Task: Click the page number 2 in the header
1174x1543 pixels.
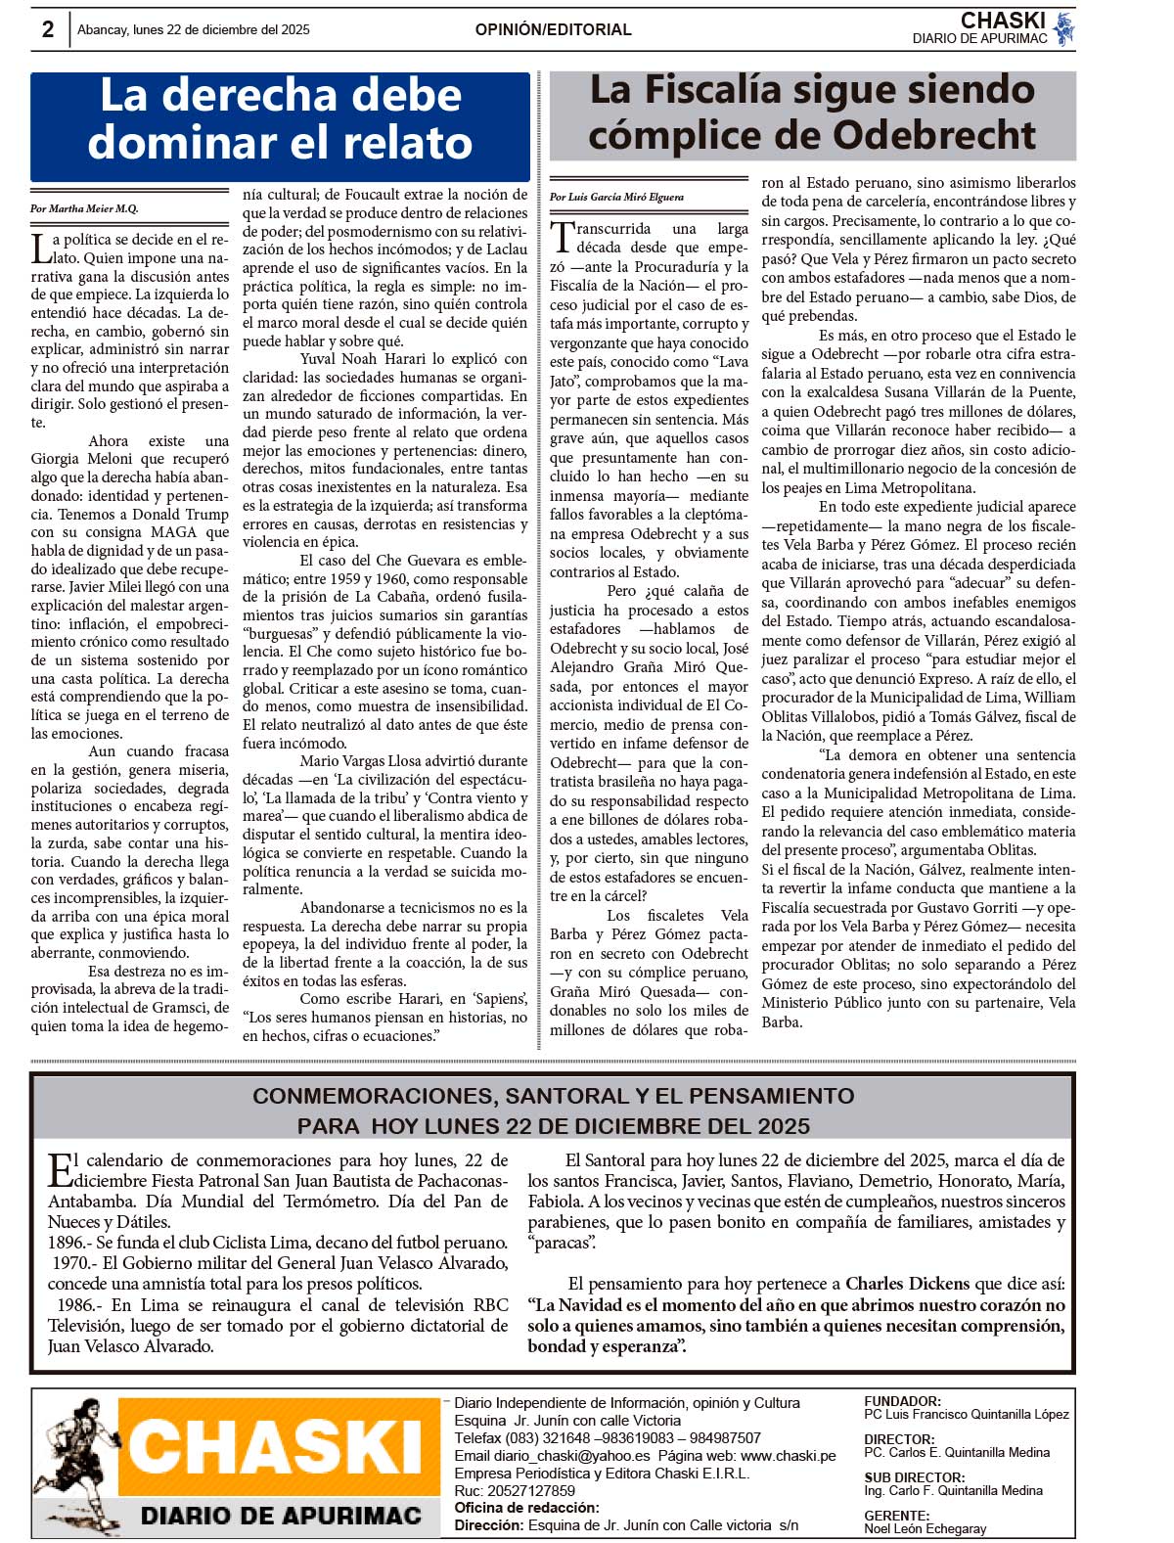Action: tap(47, 29)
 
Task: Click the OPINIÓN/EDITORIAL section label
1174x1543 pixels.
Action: tap(553, 29)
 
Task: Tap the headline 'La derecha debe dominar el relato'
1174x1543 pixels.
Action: tap(280, 119)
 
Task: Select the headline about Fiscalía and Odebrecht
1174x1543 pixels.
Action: tap(812, 113)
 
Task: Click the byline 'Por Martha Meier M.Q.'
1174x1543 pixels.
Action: tap(84, 208)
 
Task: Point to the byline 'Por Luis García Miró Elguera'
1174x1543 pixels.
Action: tap(616, 197)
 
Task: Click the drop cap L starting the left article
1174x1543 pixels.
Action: tap(40, 248)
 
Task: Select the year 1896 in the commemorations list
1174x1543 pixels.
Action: tap(67, 1243)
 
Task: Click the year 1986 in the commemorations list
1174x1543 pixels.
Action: tap(75, 1304)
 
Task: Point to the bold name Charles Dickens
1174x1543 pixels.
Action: tap(907, 1283)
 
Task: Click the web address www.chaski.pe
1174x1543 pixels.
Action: tap(788, 1456)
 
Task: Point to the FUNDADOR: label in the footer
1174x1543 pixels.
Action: tap(902, 1401)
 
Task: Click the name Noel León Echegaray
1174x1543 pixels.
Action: tap(925, 1528)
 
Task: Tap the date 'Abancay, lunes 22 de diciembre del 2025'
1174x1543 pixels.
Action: tap(194, 29)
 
